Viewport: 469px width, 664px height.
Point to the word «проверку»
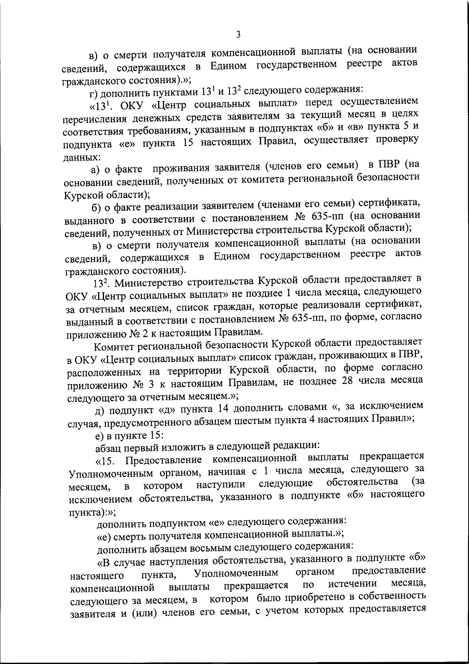pyautogui.click(x=392, y=140)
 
